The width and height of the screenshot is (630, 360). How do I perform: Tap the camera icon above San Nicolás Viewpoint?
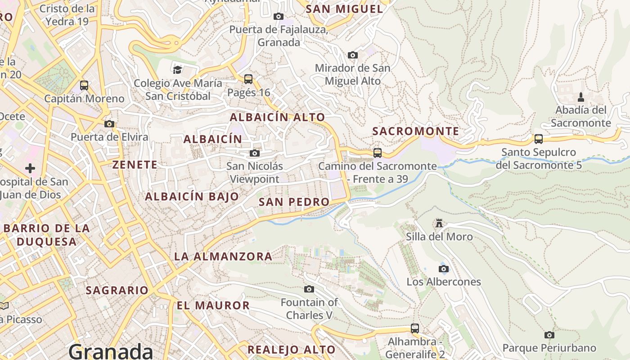255,153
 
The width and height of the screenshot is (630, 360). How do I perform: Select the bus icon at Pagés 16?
248,79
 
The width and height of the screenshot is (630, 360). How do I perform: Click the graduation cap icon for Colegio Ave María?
178,70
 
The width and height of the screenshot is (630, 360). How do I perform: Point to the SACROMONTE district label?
416,131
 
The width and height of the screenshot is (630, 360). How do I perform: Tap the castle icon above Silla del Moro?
439,223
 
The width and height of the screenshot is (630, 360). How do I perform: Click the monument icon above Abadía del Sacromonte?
580,97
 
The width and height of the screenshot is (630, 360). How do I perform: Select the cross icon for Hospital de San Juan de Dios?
30,168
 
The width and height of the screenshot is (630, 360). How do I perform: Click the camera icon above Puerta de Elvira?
109,124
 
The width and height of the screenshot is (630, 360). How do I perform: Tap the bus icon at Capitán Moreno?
84,85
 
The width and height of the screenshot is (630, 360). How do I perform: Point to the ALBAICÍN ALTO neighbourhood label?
277,117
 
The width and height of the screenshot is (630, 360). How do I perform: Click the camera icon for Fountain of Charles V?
309,289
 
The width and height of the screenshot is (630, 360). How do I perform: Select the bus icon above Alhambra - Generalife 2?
415,328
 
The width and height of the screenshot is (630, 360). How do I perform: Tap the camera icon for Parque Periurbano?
549,335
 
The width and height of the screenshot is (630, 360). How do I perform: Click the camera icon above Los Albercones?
443,269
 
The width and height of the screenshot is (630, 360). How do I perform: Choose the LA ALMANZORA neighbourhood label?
223,256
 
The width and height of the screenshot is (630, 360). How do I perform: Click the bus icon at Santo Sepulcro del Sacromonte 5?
538,139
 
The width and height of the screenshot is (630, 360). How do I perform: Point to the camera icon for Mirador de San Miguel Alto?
353,55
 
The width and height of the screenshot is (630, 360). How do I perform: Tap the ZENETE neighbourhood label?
135,165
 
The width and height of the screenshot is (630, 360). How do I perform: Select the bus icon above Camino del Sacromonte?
378,153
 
